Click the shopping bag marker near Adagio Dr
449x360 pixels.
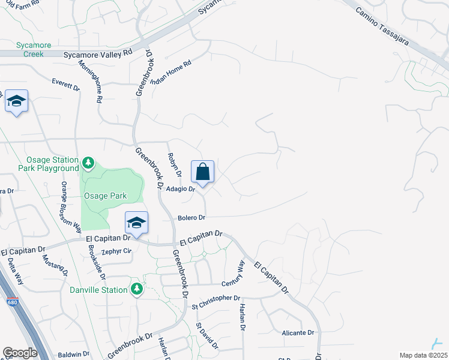(x=203, y=172)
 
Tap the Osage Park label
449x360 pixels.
(x=104, y=196)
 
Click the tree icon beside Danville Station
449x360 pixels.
(x=137, y=290)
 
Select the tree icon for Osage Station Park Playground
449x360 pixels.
(x=88, y=163)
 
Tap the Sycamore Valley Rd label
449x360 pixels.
(x=98, y=53)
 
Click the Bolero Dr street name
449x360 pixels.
(x=191, y=217)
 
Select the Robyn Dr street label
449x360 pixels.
(x=174, y=164)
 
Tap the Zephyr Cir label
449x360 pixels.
(x=116, y=251)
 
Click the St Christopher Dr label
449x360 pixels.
(x=216, y=298)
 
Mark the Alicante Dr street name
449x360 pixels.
(x=298, y=332)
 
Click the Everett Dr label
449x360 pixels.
(x=65, y=84)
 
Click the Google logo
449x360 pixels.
(x=20, y=353)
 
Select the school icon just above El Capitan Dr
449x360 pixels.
(x=137, y=223)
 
